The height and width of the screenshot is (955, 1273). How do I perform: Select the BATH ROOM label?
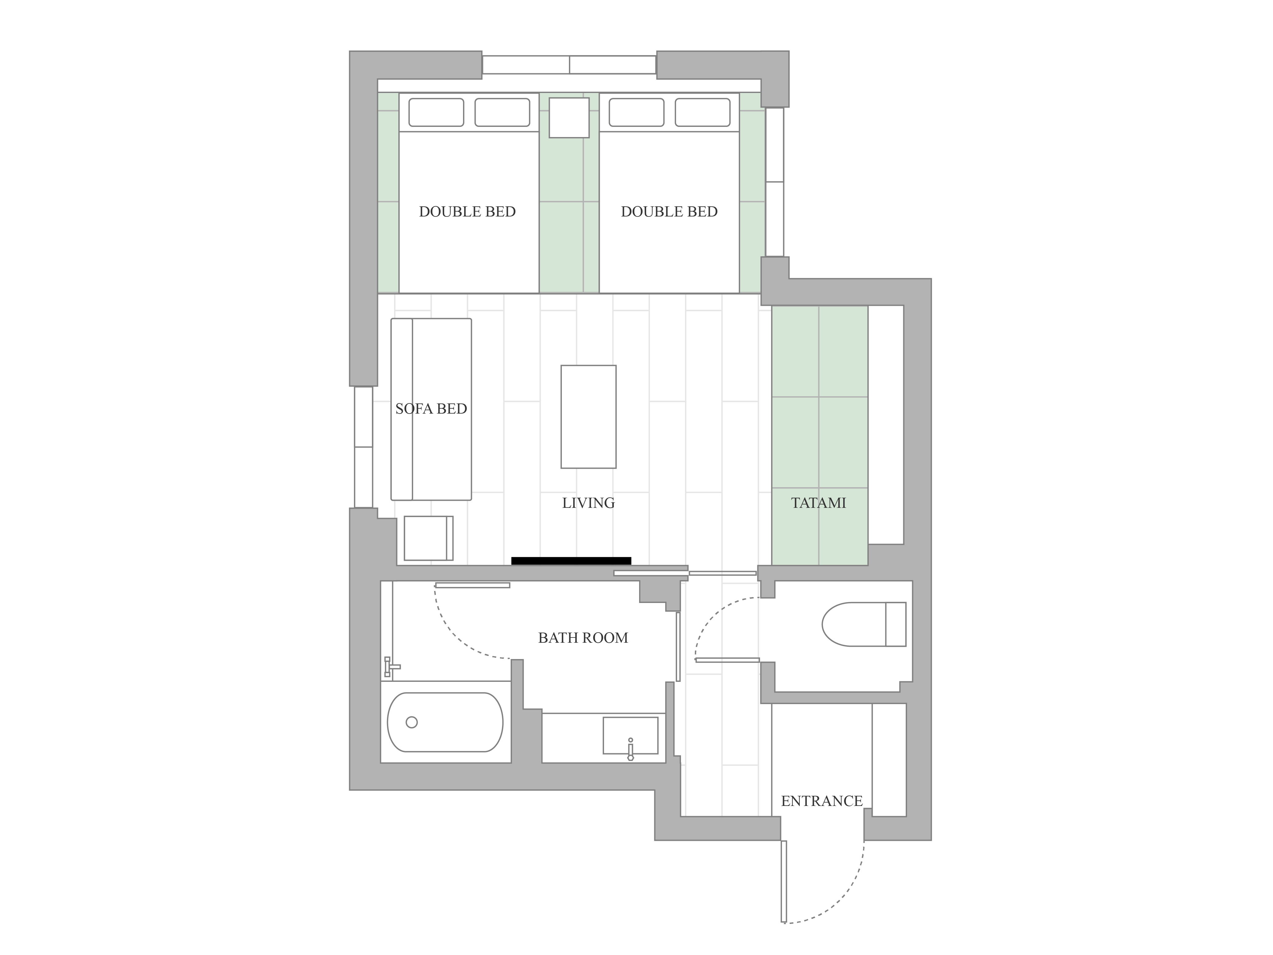point(583,638)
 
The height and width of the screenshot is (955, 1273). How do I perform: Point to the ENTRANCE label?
point(822,801)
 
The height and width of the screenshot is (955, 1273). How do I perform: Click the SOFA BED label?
point(431,409)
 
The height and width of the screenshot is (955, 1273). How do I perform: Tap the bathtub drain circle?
point(412,722)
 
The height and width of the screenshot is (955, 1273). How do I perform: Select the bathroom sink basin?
point(630,735)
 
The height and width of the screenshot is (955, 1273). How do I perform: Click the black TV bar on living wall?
point(571,561)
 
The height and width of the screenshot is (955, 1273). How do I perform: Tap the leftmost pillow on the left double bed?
point(436,112)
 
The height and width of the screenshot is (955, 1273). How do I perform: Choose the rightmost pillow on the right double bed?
point(703,112)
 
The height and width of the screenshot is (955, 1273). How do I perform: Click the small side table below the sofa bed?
point(428,538)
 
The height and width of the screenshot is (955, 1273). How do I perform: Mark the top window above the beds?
point(569,64)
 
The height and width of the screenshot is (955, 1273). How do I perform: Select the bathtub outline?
point(445,722)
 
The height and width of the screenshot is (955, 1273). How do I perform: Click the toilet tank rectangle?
point(896,624)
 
